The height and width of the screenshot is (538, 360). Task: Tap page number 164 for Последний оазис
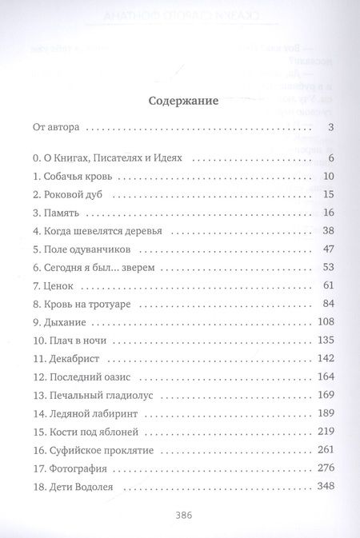coord(323,377)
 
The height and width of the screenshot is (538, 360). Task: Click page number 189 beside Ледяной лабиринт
coord(323,414)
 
